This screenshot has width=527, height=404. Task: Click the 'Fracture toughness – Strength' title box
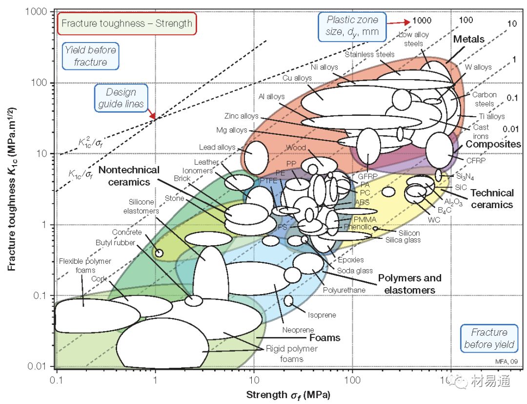coord(127,23)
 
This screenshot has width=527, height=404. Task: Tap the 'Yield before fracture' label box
coord(91,56)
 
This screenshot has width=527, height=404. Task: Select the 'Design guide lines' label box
coord(121,98)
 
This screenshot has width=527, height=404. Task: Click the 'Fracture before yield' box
coord(489,338)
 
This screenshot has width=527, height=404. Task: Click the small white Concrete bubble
coord(159,253)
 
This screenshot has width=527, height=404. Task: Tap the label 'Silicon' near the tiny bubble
coord(409,233)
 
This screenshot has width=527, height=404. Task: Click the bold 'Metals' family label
coord(468,39)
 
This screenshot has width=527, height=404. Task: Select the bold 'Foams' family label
coord(324,338)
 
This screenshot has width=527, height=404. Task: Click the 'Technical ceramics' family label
coord(492,199)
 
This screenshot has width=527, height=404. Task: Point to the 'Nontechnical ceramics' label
coord(129,176)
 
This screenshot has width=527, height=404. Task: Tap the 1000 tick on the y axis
coord(40,12)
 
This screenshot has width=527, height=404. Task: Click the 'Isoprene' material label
coord(322,315)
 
